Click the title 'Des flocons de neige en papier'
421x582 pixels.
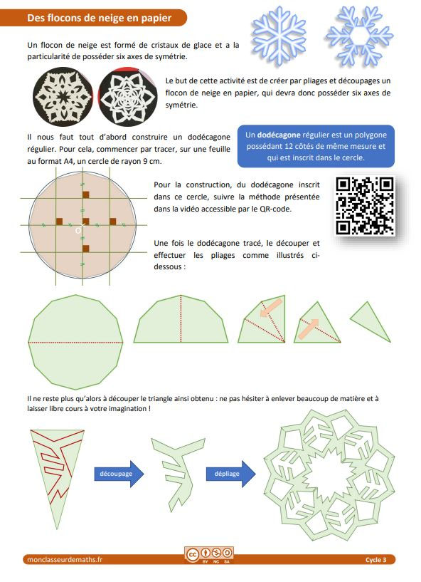tap(97, 19)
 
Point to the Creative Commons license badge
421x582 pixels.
tap(210, 555)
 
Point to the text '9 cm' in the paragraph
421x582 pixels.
tap(163, 162)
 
